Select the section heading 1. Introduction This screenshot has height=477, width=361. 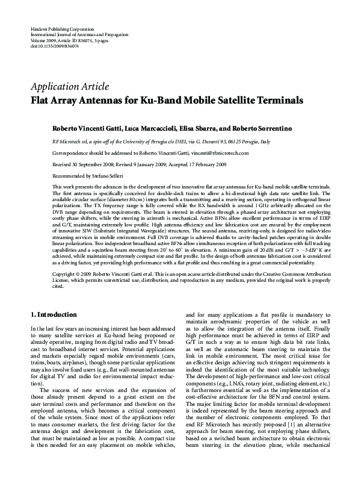click(54, 314)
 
